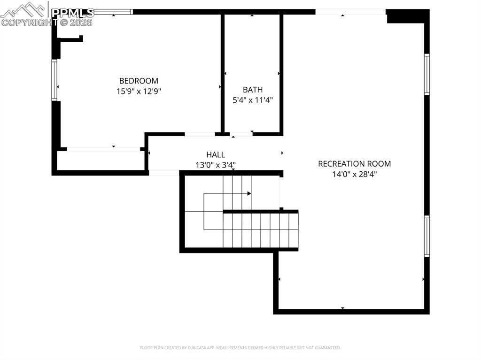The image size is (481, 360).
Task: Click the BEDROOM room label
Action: [139, 81]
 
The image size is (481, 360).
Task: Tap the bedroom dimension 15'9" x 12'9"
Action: [139, 92]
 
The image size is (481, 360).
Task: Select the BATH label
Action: [253, 90]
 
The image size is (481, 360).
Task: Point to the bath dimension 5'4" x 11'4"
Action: [253, 100]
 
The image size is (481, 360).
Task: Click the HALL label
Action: [216, 154]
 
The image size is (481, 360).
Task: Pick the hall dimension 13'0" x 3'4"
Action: [216, 165]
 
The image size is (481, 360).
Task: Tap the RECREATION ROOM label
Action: [354, 164]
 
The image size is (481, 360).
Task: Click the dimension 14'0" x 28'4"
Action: [354, 174]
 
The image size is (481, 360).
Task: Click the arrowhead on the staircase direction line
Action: [249, 193]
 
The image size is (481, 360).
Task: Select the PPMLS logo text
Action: [73, 12]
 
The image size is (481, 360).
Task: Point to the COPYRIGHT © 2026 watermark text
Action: [47, 22]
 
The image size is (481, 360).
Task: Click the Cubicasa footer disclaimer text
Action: [240, 348]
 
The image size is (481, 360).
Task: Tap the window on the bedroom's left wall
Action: [54, 80]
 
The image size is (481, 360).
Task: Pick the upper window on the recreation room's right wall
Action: [427, 74]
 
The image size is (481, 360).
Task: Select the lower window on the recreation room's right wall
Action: [427, 236]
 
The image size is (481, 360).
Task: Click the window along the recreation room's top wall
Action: [350, 12]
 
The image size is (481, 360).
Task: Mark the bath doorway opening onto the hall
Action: [241, 134]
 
